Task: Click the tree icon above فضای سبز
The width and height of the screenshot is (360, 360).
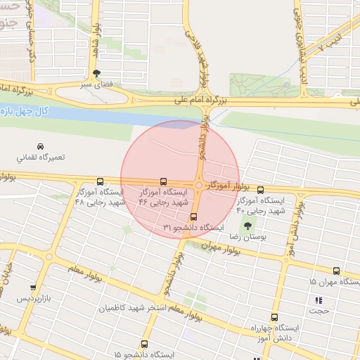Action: pyautogui.click(x=96, y=72)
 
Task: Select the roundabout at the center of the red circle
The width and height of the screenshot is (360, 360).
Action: pyautogui.click(x=200, y=186)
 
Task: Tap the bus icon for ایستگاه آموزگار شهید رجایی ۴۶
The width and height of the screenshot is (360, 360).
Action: pyautogui.click(x=164, y=181)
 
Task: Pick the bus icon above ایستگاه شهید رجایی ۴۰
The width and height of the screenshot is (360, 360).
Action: pyautogui.click(x=260, y=190)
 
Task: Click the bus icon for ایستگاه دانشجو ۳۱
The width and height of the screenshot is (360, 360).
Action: pyautogui.click(x=194, y=217)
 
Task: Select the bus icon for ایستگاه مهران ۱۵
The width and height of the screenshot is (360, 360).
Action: pyautogui.click(x=336, y=271)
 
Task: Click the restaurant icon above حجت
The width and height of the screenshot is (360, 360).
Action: pyautogui.click(x=317, y=300)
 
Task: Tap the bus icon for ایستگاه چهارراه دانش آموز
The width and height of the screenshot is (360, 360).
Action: pyautogui.click(x=275, y=317)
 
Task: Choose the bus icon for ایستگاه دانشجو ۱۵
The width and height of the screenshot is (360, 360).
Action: pyautogui.click(x=144, y=344)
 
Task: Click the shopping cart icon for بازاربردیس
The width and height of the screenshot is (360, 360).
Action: pyautogui.click(x=33, y=287)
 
